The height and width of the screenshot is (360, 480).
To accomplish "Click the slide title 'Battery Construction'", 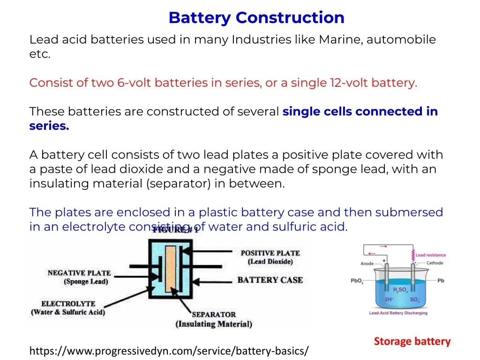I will [x=256, y=18].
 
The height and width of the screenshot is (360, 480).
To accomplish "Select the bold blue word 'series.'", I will [x=49, y=126].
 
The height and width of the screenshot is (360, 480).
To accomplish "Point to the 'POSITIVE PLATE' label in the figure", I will [x=270, y=253].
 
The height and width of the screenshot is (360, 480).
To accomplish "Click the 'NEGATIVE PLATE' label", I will [x=79, y=273].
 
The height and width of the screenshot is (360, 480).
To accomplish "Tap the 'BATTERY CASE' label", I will [x=270, y=280].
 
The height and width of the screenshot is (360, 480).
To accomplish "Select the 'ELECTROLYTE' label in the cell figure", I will [x=68, y=304].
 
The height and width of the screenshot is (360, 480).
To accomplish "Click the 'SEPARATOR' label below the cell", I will [x=214, y=315].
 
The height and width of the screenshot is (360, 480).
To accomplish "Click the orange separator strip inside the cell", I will [x=171, y=271].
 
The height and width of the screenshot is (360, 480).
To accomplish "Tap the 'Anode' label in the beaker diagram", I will [x=367, y=263].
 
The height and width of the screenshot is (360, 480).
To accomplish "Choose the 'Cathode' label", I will [x=435, y=263].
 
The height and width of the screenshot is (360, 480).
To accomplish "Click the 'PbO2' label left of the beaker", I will [x=357, y=281].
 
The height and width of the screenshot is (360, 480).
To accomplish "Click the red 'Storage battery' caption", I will [x=412, y=342].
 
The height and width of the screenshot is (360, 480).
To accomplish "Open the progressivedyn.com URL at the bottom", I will [x=169, y=351].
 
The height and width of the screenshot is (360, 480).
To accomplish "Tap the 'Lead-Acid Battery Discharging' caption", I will [x=398, y=313].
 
